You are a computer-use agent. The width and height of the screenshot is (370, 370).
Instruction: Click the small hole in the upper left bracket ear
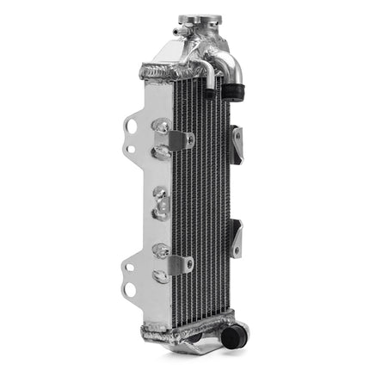click(x=130, y=148)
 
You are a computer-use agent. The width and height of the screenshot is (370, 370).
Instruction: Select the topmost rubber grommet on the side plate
click(x=159, y=126)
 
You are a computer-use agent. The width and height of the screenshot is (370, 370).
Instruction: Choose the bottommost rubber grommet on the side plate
click(x=159, y=277)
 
